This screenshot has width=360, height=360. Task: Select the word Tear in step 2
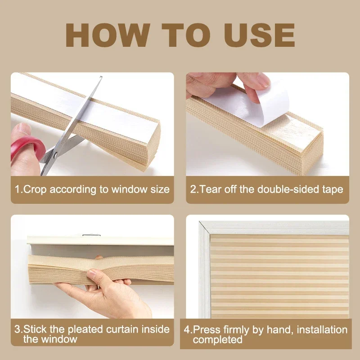pos(210,189)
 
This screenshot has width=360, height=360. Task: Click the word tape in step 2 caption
pos(332,189)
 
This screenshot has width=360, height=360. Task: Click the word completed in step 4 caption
pos(218,340)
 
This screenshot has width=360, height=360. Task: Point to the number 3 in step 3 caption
pos(18,329)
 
